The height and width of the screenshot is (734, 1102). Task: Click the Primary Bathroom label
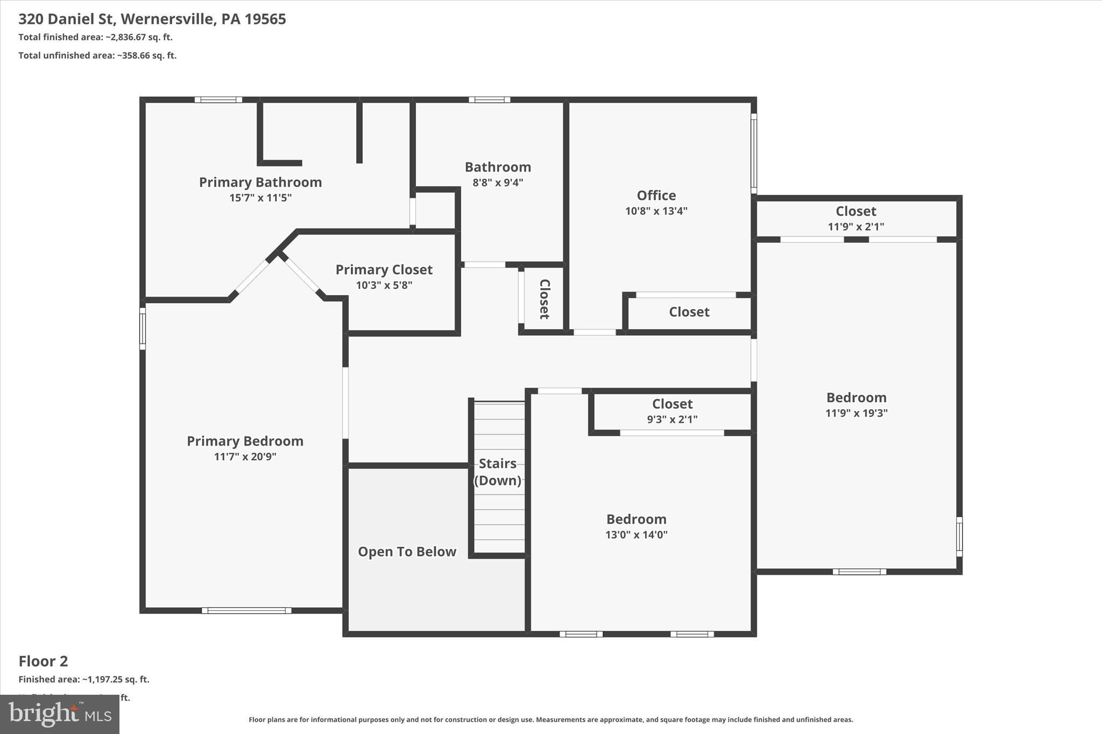(260, 182)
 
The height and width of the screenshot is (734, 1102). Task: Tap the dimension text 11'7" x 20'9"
(245, 457)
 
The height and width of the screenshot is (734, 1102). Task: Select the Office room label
(656, 195)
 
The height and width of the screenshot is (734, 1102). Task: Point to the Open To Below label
(407, 552)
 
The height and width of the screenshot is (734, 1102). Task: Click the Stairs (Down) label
(498, 472)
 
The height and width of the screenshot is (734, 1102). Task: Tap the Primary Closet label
(384, 269)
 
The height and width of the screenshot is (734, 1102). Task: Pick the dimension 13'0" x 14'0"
(636, 535)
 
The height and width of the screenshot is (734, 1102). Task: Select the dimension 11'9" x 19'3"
(856, 413)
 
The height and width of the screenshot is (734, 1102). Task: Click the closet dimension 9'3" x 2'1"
(672, 419)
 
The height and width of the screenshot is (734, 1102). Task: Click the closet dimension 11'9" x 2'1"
(856, 227)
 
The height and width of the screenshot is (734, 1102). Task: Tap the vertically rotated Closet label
(544, 299)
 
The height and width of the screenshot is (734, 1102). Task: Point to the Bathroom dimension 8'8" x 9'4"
(498, 182)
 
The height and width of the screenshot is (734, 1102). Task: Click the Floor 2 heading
(43, 661)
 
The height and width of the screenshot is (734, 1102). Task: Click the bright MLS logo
(60, 714)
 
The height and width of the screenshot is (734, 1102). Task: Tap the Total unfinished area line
(97, 55)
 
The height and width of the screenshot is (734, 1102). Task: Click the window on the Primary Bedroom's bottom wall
(246, 610)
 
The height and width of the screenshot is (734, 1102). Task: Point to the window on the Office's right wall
(754, 153)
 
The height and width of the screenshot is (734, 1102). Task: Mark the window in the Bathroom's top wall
(489, 99)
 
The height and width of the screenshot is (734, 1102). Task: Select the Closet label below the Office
(689, 312)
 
